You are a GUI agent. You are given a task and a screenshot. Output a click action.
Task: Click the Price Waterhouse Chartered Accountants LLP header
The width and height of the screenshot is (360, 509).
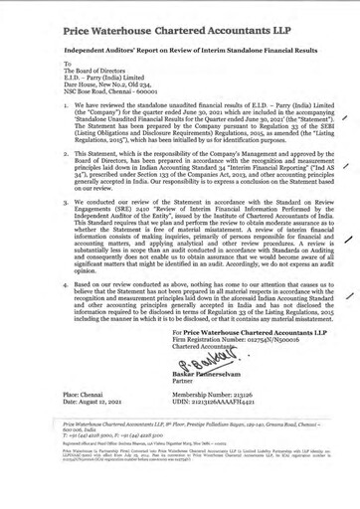click(158, 19)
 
